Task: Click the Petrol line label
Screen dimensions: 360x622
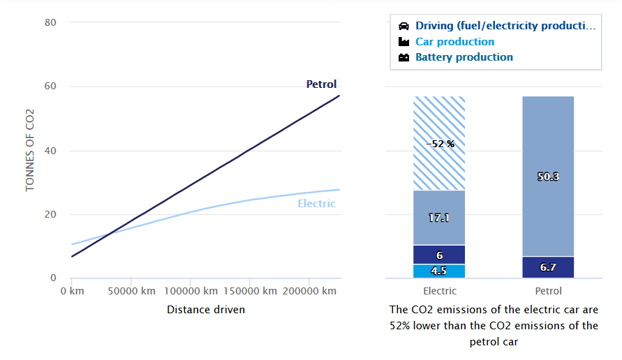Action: click(321, 84)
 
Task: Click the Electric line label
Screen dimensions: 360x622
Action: click(316, 204)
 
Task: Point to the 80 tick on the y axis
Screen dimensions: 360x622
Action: click(50, 22)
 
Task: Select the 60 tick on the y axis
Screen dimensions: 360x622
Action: click(50, 87)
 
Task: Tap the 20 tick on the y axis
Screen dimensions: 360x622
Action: click(50, 215)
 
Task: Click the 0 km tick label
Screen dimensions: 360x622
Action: click(72, 291)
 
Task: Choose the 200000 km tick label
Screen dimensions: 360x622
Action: click(310, 291)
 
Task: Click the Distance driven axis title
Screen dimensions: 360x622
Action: click(206, 309)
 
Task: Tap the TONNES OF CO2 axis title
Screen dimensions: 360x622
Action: click(30, 150)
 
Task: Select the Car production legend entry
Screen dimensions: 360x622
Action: click(454, 42)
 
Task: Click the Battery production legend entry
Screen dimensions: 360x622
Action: click(464, 57)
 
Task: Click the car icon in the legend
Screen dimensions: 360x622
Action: click(403, 27)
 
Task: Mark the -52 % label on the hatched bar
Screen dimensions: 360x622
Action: click(440, 144)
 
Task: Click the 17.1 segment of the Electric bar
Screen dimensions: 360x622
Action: click(439, 218)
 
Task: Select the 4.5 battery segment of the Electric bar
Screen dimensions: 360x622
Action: click(439, 271)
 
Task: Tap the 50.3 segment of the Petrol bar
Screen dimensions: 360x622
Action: click(548, 177)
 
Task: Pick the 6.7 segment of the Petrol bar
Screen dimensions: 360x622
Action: click(548, 267)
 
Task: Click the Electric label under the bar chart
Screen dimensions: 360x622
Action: click(440, 291)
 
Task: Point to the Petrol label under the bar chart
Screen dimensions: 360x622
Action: click(548, 291)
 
